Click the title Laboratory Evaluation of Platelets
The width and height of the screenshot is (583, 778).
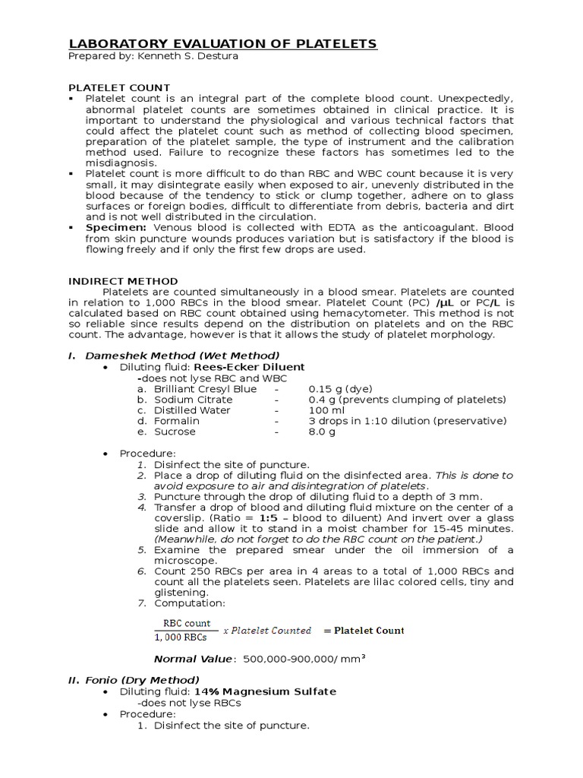click(x=222, y=43)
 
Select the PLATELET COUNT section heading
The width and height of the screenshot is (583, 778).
click(x=119, y=87)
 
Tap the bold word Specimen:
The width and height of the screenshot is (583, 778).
click(x=117, y=227)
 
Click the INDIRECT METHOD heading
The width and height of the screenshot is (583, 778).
click(x=123, y=281)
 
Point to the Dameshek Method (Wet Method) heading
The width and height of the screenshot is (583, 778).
click(x=182, y=356)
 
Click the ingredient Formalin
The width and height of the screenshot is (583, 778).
click(x=177, y=421)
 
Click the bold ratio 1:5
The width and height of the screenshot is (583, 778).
click(x=267, y=517)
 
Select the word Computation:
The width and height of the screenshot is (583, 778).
click(x=189, y=603)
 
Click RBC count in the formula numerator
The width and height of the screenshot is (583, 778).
click(x=183, y=624)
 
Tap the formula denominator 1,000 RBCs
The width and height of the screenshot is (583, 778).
click(x=184, y=637)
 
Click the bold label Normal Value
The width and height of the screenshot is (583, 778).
click(x=194, y=659)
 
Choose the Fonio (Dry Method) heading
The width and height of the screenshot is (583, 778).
click(x=142, y=680)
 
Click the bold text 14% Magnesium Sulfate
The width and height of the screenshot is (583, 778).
click(x=265, y=691)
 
